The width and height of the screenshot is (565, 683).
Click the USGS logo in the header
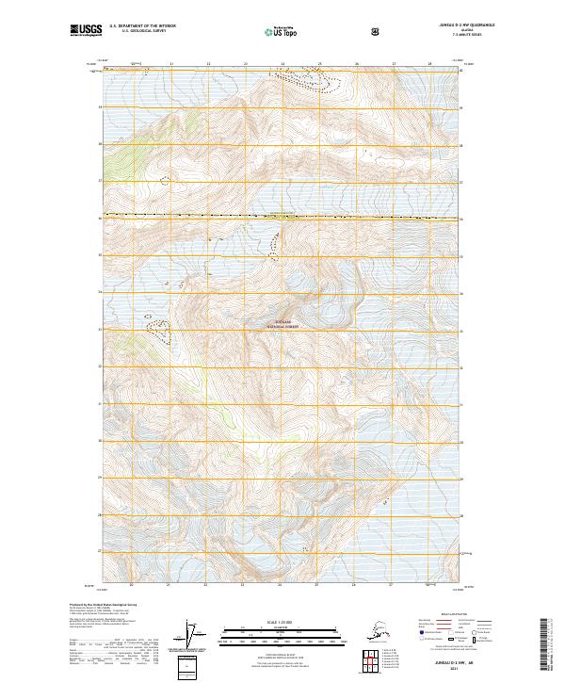click(87, 31)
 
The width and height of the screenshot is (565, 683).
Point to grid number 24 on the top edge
click(282, 64)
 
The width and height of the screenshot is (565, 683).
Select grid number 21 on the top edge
click(171, 64)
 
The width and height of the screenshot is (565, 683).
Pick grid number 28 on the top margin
click(430, 64)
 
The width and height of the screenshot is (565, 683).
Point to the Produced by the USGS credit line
click(100, 604)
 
